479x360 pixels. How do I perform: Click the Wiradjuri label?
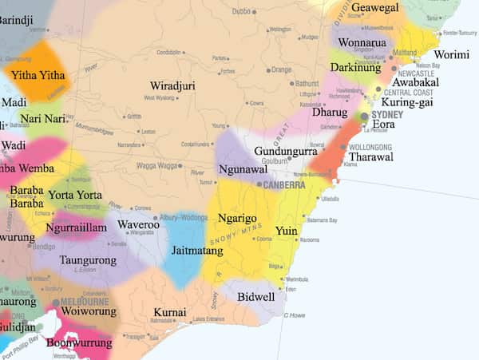[172, 85]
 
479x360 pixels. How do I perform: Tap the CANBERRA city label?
[284, 184]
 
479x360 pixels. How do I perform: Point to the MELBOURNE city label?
[82, 303]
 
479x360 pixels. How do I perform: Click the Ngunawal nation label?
[243, 170]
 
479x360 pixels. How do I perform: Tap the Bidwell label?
[255, 297]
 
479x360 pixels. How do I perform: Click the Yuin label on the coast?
[286, 231]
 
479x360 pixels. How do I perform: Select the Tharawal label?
[371, 157]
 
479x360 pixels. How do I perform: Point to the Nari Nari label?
[42, 119]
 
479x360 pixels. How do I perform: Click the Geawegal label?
[374, 8]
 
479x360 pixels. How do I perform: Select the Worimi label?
[451, 55]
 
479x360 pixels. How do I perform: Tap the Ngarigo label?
[237, 218]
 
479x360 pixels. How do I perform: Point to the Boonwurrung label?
[78, 343]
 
